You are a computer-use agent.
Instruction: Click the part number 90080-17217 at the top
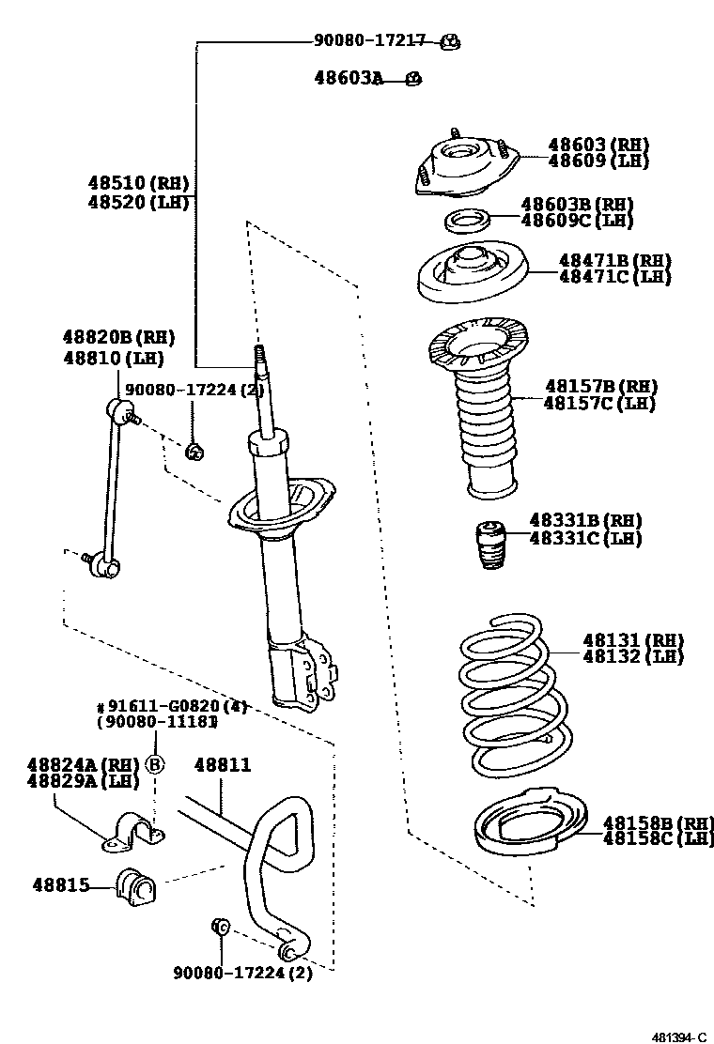(369, 41)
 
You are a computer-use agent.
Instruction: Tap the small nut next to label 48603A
(413, 79)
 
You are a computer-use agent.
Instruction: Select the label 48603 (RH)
(598, 145)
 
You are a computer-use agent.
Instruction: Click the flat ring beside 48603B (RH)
(466, 221)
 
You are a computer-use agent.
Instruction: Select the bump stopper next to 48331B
(489, 545)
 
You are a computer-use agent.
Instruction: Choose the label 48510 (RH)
(138, 184)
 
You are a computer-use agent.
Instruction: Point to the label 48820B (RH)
(118, 337)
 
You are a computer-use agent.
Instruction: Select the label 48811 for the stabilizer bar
(223, 764)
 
